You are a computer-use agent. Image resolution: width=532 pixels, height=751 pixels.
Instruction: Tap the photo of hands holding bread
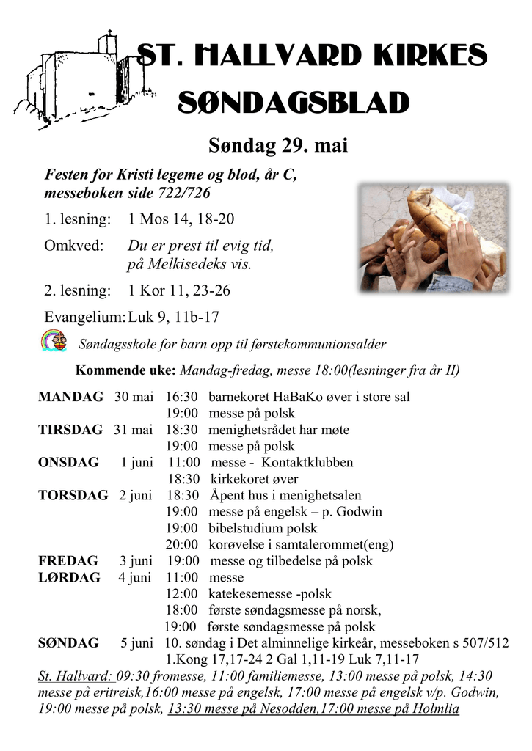point(433,238)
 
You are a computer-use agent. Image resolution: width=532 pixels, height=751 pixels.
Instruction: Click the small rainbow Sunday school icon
point(53,341)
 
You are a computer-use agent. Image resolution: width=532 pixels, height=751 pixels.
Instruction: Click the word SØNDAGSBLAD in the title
point(294,103)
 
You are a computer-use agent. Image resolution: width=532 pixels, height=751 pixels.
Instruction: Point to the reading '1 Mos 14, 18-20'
point(181,219)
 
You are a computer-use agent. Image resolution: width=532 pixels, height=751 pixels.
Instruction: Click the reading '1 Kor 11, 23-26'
point(179,290)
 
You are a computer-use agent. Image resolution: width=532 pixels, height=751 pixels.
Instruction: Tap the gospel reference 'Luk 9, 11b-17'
point(173,317)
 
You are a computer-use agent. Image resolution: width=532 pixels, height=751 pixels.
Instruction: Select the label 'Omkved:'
point(73,246)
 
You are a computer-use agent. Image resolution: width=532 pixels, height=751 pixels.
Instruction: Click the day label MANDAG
point(70,397)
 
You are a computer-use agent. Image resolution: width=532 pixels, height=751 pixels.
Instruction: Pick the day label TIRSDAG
point(70,430)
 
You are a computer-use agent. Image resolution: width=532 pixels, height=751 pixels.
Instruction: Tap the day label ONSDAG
point(68,462)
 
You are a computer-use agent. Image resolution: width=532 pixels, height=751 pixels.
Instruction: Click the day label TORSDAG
point(73,495)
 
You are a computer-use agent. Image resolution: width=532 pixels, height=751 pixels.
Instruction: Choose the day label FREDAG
point(68,561)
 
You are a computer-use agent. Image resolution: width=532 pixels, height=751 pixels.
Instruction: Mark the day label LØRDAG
point(69,577)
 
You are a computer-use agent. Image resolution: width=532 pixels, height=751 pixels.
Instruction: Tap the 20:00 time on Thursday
point(181,544)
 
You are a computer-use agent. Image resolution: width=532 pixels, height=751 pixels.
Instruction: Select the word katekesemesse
point(251,594)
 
